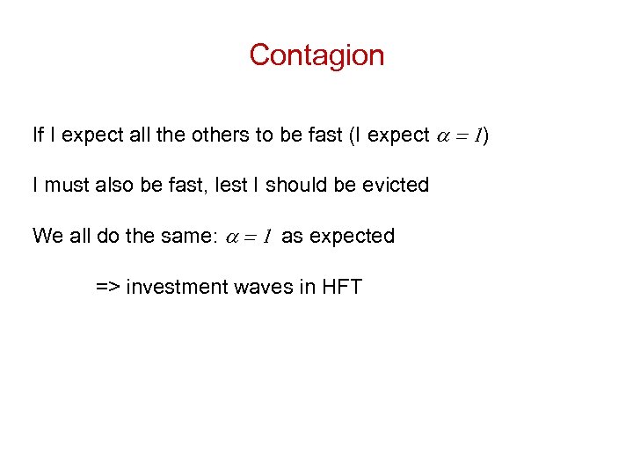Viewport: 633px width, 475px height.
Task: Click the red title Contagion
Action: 316,55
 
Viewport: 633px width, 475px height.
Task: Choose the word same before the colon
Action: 186,236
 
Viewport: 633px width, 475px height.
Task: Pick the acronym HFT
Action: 343,287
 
